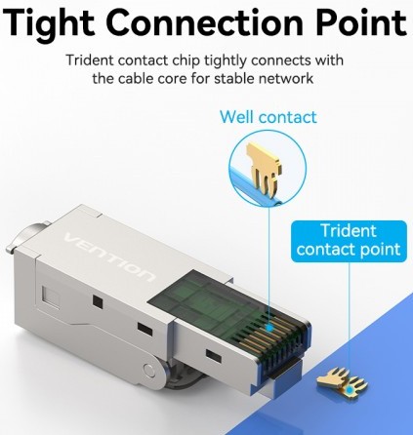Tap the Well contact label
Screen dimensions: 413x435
(x=268, y=117)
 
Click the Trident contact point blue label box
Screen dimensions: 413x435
(x=349, y=241)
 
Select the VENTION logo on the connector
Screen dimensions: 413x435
(x=109, y=257)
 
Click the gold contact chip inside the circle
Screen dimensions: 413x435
(x=264, y=169)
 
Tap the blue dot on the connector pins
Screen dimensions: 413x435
(x=269, y=328)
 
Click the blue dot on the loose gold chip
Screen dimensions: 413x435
(x=351, y=390)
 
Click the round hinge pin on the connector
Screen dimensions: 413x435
(x=149, y=370)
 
